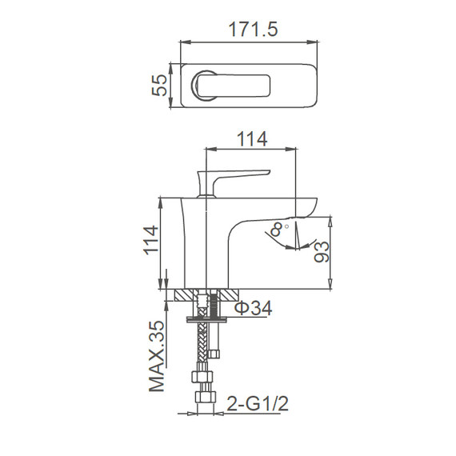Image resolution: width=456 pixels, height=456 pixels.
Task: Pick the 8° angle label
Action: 278,229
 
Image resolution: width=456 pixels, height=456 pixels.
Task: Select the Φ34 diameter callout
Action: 252,307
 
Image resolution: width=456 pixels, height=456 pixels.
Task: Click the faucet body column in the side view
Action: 205,240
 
